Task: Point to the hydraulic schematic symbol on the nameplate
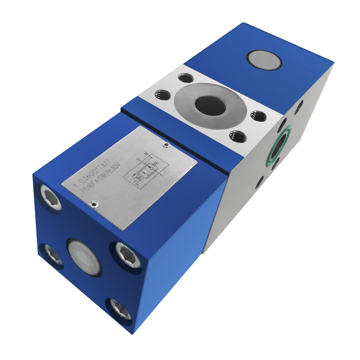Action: pyautogui.click(x=144, y=171)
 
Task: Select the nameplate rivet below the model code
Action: pyautogui.click(x=93, y=205)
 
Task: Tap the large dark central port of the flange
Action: pyautogui.click(x=210, y=106)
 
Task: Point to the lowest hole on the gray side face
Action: pyautogui.click(x=260, y=182)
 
